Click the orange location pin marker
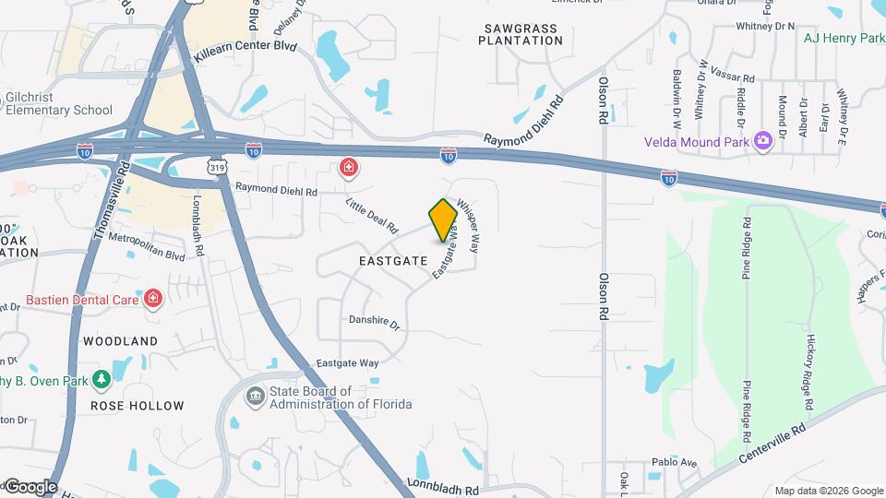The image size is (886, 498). click(444, 219)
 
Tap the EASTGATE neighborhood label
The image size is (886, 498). click(393, 261)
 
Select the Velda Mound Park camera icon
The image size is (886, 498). click(763, 141)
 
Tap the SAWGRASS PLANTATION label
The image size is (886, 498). click(520, 35)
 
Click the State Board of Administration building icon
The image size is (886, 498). click(254, 397)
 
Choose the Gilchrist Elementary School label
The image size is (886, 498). click(58, 103)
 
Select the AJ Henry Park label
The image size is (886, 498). click(844, 38)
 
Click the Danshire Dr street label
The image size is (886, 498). click(374, 325)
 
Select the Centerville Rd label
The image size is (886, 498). click(772, 445)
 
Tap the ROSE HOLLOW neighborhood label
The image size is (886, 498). click(137, 406)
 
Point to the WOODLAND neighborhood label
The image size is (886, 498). click(120, 341)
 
